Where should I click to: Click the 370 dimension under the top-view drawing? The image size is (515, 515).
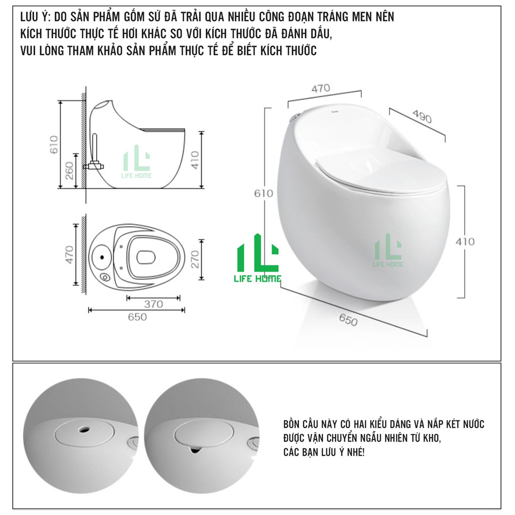pyautogui.click(x=153, y=304)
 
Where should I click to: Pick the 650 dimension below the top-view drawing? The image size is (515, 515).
pyautogui.click(x=137, y=317)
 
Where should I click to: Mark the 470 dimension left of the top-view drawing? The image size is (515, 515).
pyautogui.click(x=69, y=254)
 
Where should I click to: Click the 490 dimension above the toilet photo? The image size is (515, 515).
pyautogui.click(x=422, y=117)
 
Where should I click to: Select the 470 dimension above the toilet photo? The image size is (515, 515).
pyautogui.click(x=320, y=89)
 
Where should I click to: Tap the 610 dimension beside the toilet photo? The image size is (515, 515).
pyautogui.click(x=263, y=193)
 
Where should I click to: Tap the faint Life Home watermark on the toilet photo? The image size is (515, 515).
pyautogui.click(x=388, y=250)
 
